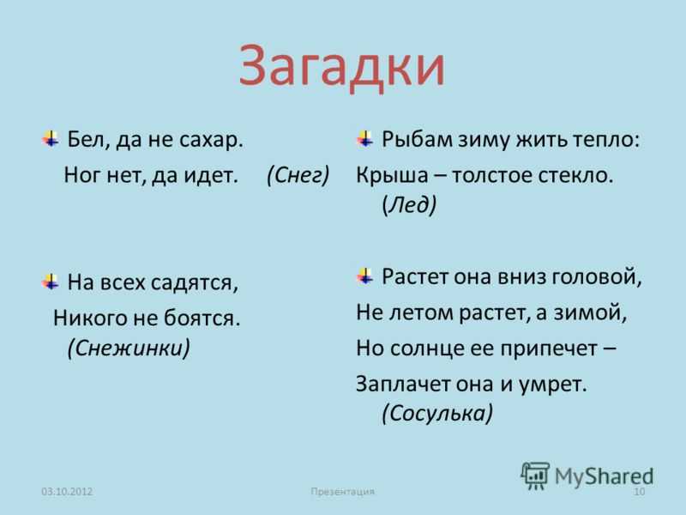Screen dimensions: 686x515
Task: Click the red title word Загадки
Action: click(x=341, y=66)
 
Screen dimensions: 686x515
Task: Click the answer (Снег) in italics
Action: click(x=298, y=175)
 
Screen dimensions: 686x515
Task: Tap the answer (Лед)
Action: click(x=409, y=204)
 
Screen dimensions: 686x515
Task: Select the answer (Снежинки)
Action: click(x=129, y=348)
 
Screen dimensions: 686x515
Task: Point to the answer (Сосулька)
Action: click(x=437, y=413)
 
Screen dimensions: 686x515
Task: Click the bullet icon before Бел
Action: click(x=51, y=138)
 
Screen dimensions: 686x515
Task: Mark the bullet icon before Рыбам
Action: click(x=365, y=138)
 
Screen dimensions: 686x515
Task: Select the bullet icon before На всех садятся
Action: click(x=51, y=282)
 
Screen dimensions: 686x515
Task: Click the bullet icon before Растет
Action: click(x=365, y=276)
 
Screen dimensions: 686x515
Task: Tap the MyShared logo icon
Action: click(x=534, y=476)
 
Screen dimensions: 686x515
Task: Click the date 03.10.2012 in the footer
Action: click(x=67, y=491)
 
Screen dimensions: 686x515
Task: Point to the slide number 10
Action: click(x=639, y=491)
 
